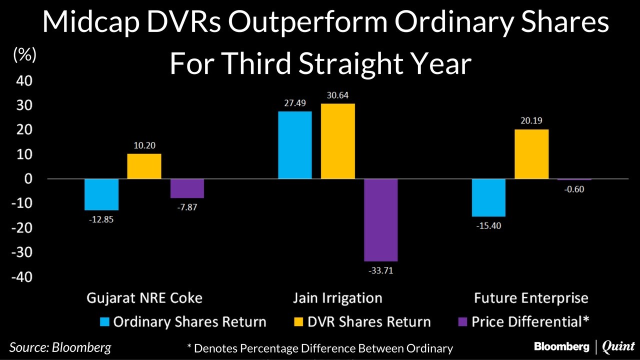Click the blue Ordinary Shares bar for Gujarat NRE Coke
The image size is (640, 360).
101,194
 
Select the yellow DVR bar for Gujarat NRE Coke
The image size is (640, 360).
144,166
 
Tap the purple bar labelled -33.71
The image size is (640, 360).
381,220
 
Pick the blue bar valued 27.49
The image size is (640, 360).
295,145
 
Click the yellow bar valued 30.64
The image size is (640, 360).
338,141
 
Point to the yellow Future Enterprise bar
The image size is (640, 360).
531,154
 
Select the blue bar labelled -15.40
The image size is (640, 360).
488,197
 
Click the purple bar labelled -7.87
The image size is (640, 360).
187,188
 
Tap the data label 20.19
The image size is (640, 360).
531,120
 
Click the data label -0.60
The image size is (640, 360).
574,189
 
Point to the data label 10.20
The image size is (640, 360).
144,145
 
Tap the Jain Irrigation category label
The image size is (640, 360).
337,298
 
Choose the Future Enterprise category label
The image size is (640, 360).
531,298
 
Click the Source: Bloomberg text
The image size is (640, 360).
60,347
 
